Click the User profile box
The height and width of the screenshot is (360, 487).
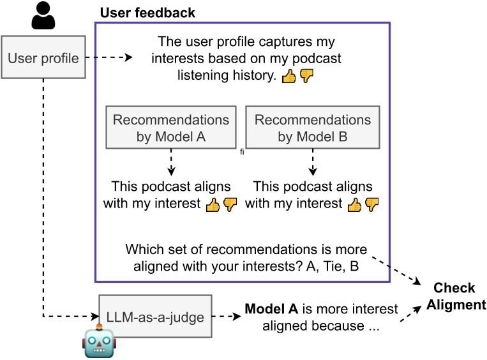43,59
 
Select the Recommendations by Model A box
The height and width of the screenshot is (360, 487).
171,128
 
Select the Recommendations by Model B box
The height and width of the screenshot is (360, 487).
313,128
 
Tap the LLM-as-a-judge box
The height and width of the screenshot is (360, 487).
155,316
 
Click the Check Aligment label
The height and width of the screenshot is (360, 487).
455,297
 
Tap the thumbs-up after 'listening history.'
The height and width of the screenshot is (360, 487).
288,76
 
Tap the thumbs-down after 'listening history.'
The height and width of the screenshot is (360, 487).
307,76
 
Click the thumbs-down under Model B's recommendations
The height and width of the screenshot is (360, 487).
371,204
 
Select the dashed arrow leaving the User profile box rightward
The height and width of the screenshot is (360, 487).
109,58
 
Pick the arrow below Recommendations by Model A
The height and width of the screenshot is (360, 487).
171,162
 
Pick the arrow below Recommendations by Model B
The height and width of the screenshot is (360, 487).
313,162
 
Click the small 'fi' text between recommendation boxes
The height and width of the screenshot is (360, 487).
243,153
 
